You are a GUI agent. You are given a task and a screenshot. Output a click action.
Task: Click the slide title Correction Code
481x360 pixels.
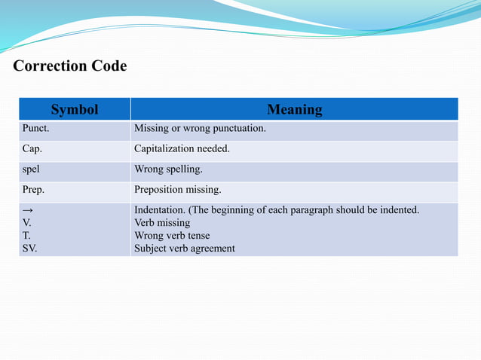click(70, 66)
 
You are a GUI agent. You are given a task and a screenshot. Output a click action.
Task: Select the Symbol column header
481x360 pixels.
click(75, 110)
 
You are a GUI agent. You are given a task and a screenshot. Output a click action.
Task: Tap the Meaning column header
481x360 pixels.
click(295, 110)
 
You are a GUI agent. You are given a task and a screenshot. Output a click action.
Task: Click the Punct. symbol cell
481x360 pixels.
click(35, 129)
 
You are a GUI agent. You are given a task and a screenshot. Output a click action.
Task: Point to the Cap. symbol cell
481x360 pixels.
click(32, 149)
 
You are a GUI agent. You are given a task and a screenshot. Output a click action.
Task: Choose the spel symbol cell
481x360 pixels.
click(30, 169)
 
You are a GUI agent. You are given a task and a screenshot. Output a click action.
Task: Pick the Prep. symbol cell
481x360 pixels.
click(33, 190)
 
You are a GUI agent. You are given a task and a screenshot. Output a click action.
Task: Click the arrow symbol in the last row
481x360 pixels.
click(27, 210)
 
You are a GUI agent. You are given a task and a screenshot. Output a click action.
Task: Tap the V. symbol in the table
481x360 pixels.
click(27, 223)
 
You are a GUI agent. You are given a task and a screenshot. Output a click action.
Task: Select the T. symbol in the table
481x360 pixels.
click(26, 236)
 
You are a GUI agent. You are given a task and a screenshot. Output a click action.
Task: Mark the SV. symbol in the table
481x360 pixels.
click(29, 249)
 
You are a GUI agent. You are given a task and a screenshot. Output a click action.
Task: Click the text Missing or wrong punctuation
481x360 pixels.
click(200, 129)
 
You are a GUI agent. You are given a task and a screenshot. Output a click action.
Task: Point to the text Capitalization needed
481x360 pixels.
click(182, 149)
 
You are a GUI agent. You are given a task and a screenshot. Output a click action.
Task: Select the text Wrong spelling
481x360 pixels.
click(168, 169)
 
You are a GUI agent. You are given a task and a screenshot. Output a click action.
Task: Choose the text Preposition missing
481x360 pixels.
click(178, 190)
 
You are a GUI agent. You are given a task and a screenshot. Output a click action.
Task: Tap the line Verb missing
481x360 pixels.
click(162, 223)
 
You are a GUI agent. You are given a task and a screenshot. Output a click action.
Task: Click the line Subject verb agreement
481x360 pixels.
click(185, 249)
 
